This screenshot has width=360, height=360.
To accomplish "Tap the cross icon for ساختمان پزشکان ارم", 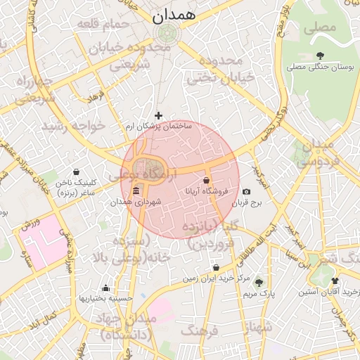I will click(158, 115).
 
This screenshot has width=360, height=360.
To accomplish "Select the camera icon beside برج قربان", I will click(246, 191).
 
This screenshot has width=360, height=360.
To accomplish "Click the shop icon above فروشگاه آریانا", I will click(206, 180).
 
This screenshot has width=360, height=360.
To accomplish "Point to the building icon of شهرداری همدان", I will click(136, 192).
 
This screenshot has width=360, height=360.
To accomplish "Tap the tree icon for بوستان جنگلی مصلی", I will click(321, 56).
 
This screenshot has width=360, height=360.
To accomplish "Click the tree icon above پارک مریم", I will click(259, 281).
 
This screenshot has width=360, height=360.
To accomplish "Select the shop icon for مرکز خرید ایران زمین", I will click(215, 268).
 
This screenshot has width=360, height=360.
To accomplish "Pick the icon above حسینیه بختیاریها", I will click(105, 288).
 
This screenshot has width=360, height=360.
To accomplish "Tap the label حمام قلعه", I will click(105, 25).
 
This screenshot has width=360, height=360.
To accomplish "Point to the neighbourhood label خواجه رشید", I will click(73, 126).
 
